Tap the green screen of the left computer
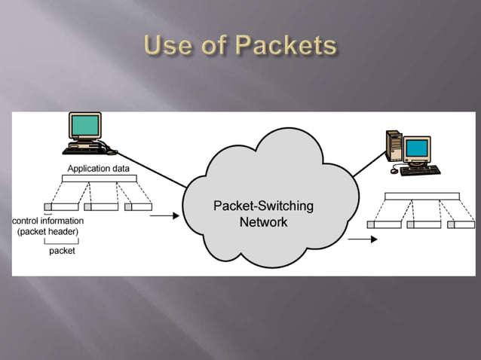click(84, 126)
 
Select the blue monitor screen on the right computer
click(416, 148)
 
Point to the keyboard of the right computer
click(420, 170)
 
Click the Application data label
click(99, 169)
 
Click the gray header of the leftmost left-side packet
click(47, 206)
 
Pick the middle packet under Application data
click(101, 206)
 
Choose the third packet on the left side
click(139, 206)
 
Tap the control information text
click(48, 221)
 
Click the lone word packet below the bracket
click(62, 251)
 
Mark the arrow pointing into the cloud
click(165, 216)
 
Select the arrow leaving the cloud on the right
click(363, 239)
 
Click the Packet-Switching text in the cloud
click(263, 206)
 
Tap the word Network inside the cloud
click(263, 222)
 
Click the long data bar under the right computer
click(421, 197)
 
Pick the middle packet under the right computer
click(424, 224)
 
